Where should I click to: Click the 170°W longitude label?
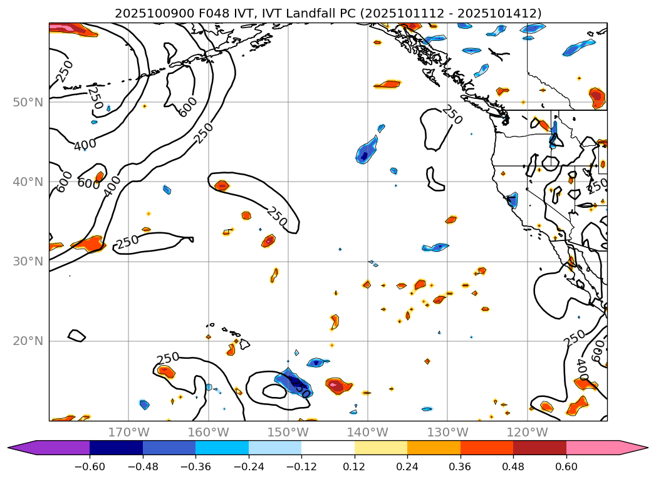(x=128, y=432)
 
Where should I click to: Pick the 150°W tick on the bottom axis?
(x=288, y=432)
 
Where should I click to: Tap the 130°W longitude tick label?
(x=447, y=432)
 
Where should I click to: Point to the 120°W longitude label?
(x=527, y=432)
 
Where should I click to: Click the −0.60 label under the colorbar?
(x=90, y=466)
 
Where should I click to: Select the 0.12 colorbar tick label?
(x=355, y=466)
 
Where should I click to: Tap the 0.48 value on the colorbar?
(x=513, y=466)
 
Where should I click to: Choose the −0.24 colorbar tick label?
(x=249, y=466)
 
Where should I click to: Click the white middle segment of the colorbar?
(x=328, y=448)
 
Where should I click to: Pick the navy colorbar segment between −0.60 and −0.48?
(x=116, y=448)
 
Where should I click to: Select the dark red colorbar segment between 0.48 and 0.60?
(x=539, y=448)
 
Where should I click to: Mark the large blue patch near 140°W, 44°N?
(x=367, y=152)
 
